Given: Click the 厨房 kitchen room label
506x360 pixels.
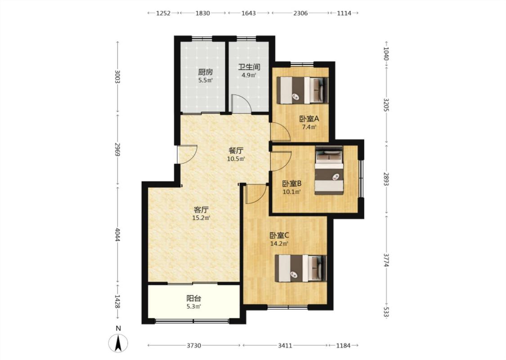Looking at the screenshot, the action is (205, 72).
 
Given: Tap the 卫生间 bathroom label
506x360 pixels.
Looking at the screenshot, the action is (249, 67).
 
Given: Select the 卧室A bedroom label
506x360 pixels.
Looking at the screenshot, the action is (309, 119).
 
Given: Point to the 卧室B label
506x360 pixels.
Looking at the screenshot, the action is (292, 184).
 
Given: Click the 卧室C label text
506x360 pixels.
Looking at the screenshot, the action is (279, 235).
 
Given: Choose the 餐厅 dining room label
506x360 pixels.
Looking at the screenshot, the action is (236, 150).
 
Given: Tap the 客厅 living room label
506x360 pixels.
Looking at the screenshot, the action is (201, 210).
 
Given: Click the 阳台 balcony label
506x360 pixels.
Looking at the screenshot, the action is (194, 298).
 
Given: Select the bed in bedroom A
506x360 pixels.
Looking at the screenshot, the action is (302, 90).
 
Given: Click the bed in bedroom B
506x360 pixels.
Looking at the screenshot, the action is (329, 171).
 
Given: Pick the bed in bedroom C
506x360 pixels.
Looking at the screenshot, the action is (300, 268).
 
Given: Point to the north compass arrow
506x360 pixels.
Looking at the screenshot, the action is (118, 343).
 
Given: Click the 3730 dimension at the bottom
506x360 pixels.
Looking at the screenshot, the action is (193, 346).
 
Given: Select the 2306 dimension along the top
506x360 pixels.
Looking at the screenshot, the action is (300, 13).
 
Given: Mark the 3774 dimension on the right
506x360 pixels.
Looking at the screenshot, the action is (386, 260).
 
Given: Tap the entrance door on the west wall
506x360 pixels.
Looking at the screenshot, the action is (187, 154).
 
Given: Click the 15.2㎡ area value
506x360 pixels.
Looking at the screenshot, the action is (201, 218).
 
